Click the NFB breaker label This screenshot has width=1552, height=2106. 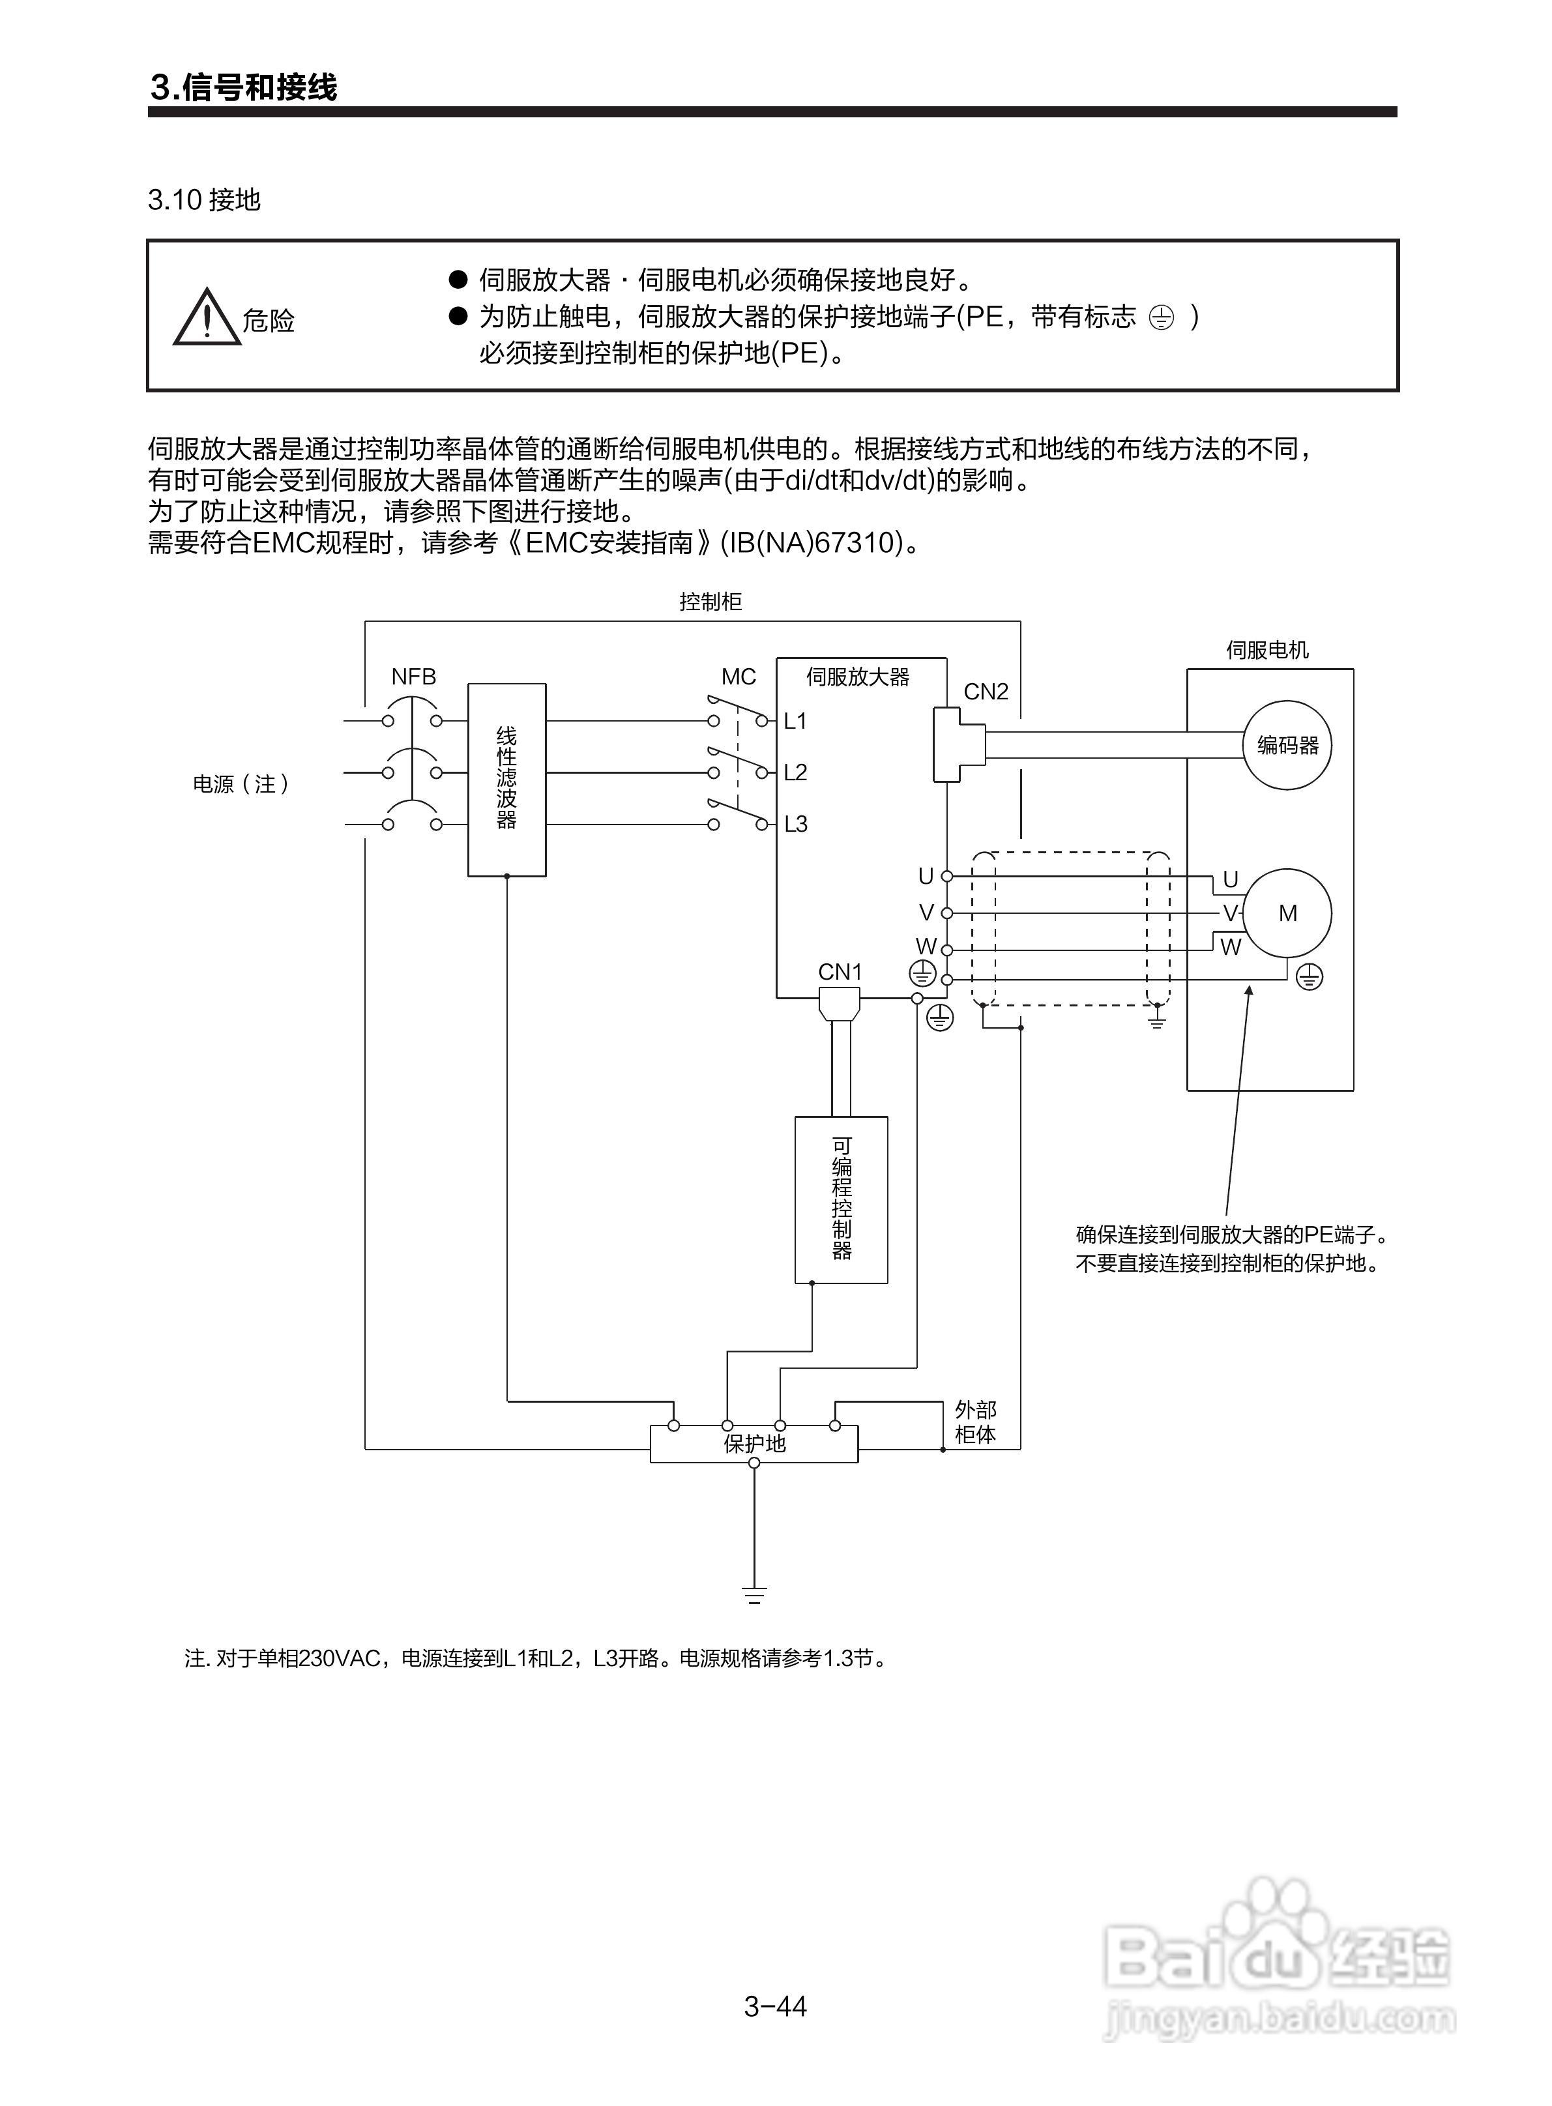pyautogui.click(x=413, y=677)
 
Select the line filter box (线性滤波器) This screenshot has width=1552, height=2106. pyautogui.click(x=506, y=780)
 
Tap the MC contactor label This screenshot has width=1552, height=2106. pyautogui.click(x=739, y=677)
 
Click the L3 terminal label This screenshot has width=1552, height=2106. pyautogui.click(x=796, y=824)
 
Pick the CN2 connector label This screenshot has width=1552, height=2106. pyautogui.click(x=986, y=692)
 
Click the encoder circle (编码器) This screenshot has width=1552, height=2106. pyautogui.click(x=1287, y=745)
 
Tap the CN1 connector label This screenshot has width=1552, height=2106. pyautogui.click(x=840, y=971)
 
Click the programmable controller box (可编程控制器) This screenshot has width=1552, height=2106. pyautogui.click(x=841, y=1199)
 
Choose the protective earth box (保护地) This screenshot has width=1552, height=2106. pyautogui.click(x=754, y=1444)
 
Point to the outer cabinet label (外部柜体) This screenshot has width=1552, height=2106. pyautogui.click(x=975, y=1422)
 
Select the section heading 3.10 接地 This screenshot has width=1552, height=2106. pyautogui.click(x=204, y=199)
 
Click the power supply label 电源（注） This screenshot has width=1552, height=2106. pyautogui.click(x=241, y=783)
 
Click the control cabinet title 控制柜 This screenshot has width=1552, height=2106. pyautogui.click(x=710, y=601)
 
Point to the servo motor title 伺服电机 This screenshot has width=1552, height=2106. pyautogui.click(x=1266, y=649)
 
